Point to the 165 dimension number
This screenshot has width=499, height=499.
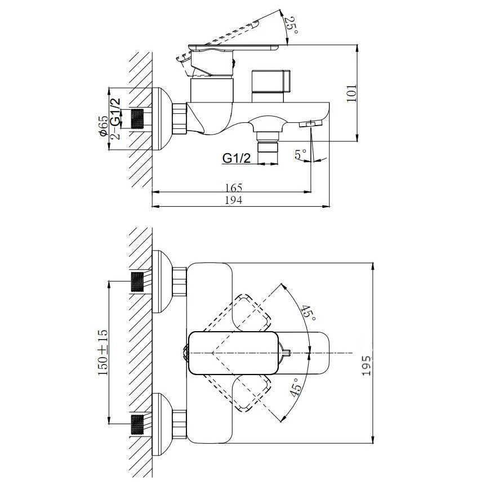coord(233,188)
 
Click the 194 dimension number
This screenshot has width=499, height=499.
coord(234,200)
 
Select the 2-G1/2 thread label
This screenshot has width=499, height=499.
coord(116,118)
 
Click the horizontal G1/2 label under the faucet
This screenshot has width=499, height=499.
coord(237,158)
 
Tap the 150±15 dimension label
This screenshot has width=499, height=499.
coord(104,353)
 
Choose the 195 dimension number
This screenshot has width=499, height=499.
coord(367,366)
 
